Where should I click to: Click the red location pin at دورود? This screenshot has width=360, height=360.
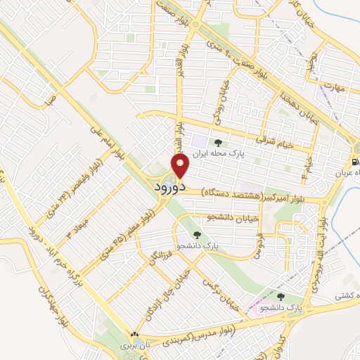181,167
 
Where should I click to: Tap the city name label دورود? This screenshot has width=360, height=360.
169,188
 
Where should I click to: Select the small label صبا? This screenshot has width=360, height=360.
49,101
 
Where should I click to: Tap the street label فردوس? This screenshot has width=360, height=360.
257,244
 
